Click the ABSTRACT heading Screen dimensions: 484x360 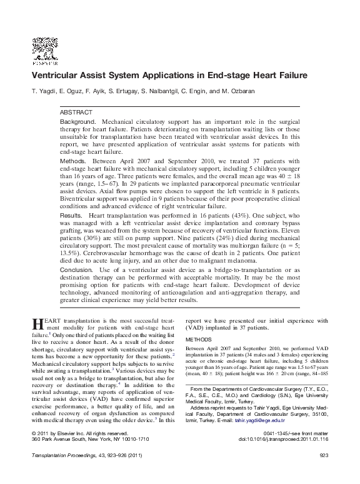tap(75, 111)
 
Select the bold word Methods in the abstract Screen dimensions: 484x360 tap(73, 161)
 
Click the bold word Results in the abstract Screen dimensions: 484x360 tap(72, 216)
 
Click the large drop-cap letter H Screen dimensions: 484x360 tap(36, 324)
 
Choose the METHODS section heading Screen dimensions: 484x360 tap(199, 340)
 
